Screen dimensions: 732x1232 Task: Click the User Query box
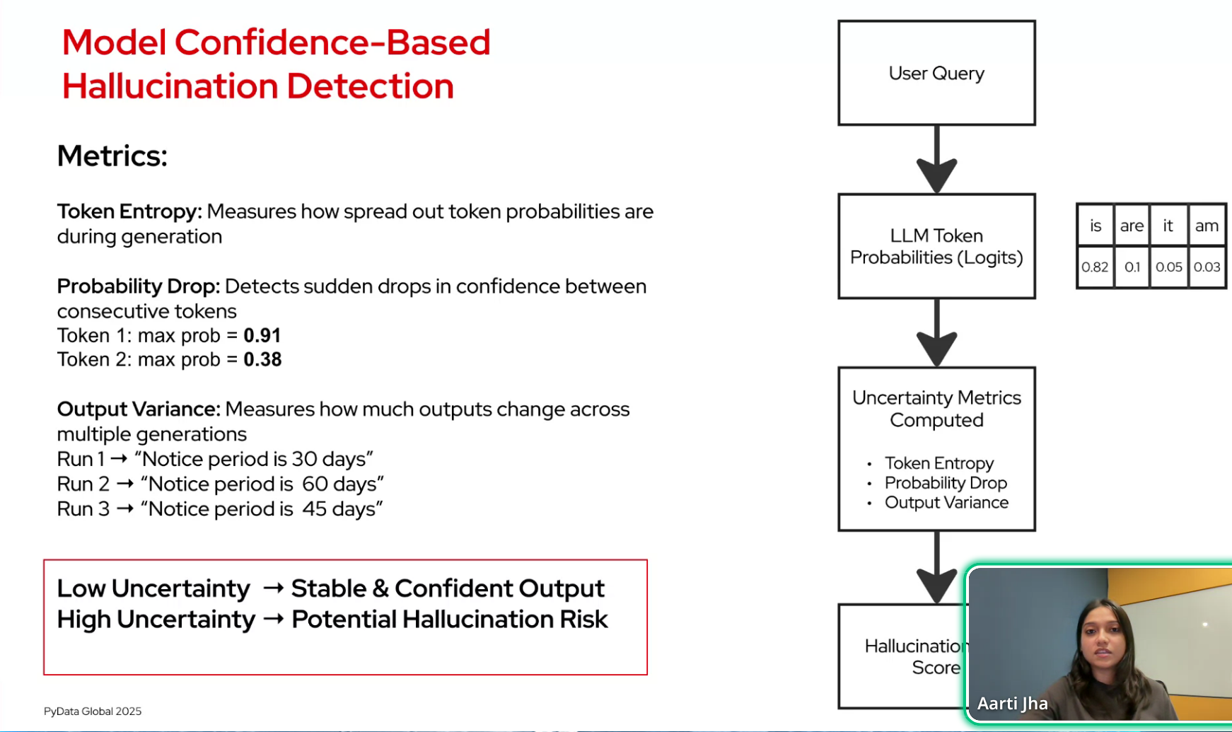point(936,73)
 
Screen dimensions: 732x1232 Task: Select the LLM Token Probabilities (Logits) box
point(936,246)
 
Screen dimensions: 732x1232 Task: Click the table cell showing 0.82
point(1095,267)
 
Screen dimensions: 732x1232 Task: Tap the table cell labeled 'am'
point(1207,226)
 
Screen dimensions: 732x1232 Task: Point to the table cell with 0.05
point(1168,267)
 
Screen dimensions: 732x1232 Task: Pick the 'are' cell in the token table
point(1132,226)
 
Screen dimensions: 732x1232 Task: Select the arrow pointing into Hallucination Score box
point(936,570)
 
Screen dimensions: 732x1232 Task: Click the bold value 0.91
point(262,335)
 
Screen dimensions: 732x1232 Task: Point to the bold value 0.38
point(262,360)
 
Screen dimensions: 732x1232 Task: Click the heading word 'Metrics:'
point(112,156)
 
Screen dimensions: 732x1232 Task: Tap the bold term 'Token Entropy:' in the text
point(129,211)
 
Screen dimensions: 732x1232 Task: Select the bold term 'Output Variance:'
point(139,409)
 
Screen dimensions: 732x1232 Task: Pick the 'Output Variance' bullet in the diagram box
point(946,503)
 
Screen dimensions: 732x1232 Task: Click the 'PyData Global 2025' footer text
point(93,711)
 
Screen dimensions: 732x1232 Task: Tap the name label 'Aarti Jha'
point(1012,704)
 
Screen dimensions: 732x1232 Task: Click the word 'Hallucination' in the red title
point(172,86)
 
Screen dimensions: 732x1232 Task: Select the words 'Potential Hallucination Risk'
point(449,620)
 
